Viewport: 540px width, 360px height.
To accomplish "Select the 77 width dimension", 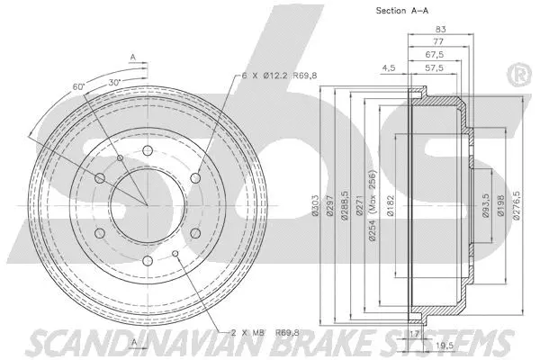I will (x=436, y=42).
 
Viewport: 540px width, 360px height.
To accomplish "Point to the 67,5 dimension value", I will (x=434, y=54).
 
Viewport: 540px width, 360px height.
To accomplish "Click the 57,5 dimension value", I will (x=433, y=67).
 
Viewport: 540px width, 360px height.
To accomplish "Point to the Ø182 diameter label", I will (x=391, y=206).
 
